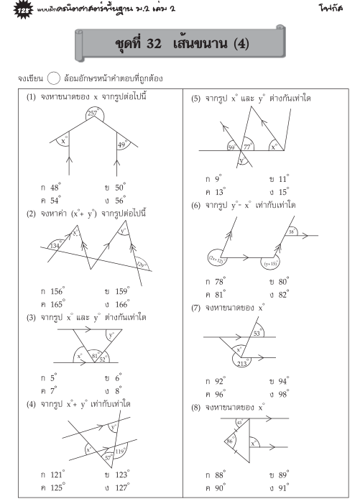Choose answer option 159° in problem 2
click(118, 292)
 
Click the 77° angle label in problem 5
click(248, 145)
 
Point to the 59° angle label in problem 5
click(231, 147)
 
